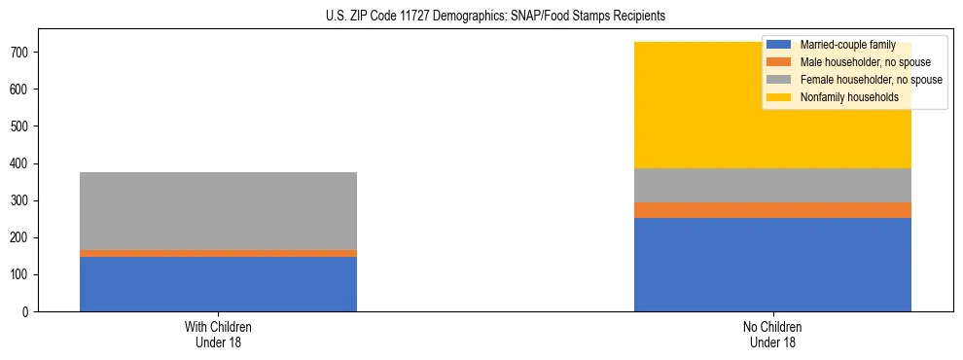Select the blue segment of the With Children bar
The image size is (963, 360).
(x=218, y=284)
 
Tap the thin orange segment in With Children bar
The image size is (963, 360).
(x=218, y=253)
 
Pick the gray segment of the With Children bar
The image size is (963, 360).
(x=218, y=211)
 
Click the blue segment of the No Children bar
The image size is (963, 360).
(x=772, y=265)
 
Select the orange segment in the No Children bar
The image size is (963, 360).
(x=772, y=210)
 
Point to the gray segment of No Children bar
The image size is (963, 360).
(x=772, y=185)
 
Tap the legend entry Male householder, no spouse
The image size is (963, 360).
(x=856, y=62)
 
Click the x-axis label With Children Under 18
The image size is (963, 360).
(x=218, y=335)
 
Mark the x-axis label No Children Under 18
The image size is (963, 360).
(x=772, y=335)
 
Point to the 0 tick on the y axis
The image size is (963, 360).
(x=28, y=312)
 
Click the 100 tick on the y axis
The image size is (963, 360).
(x=22, y=275)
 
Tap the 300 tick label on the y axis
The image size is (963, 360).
(x=22, y=200)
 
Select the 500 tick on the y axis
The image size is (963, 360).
(x=22, y=126)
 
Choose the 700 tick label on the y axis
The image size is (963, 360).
(x=22, y=53)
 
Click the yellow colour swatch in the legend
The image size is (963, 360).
(x=779, y=97)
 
